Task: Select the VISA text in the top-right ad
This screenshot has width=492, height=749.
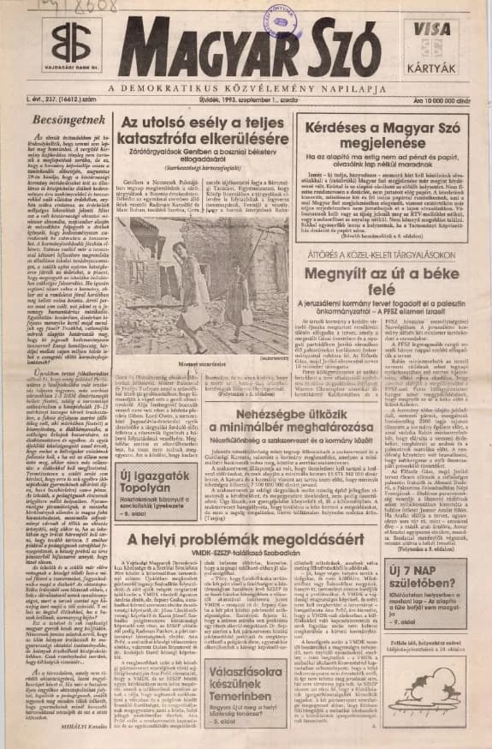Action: pos(432,29)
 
